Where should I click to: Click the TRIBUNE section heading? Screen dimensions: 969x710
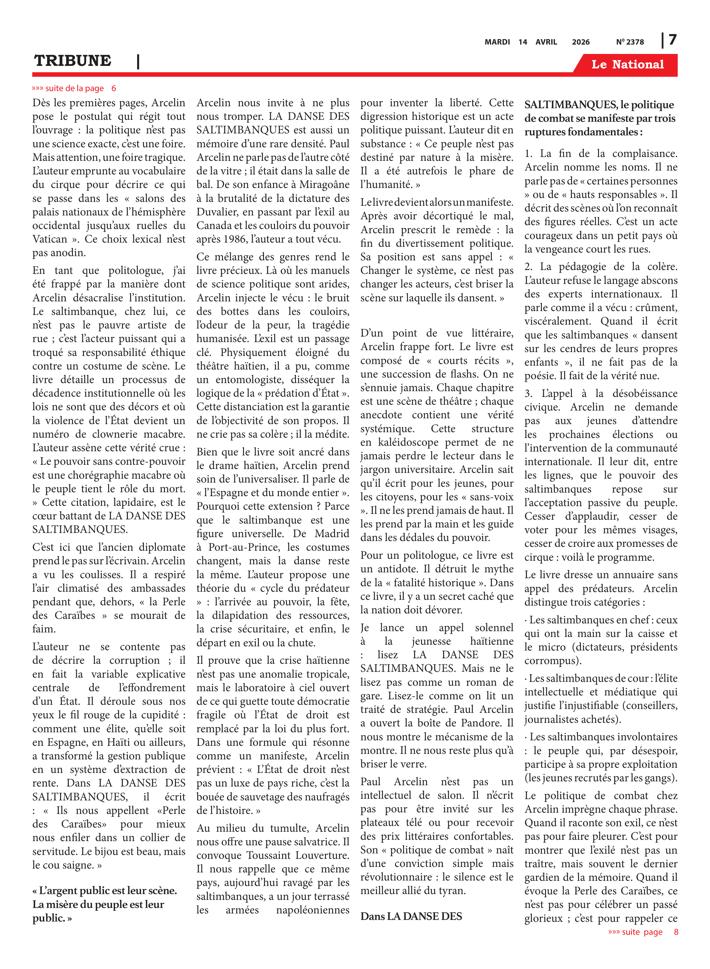73,61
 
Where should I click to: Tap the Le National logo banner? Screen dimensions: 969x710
627,65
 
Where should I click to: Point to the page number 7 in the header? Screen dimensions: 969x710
673,40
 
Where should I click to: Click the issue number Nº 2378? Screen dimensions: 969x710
630,42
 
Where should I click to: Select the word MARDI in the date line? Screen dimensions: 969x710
497,42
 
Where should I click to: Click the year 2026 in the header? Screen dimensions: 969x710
581,42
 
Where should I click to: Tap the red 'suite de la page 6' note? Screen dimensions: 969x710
74,88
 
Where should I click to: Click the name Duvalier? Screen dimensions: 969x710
217,212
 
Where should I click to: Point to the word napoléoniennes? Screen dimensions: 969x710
312,910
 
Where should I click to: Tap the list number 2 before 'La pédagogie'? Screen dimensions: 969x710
528,267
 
